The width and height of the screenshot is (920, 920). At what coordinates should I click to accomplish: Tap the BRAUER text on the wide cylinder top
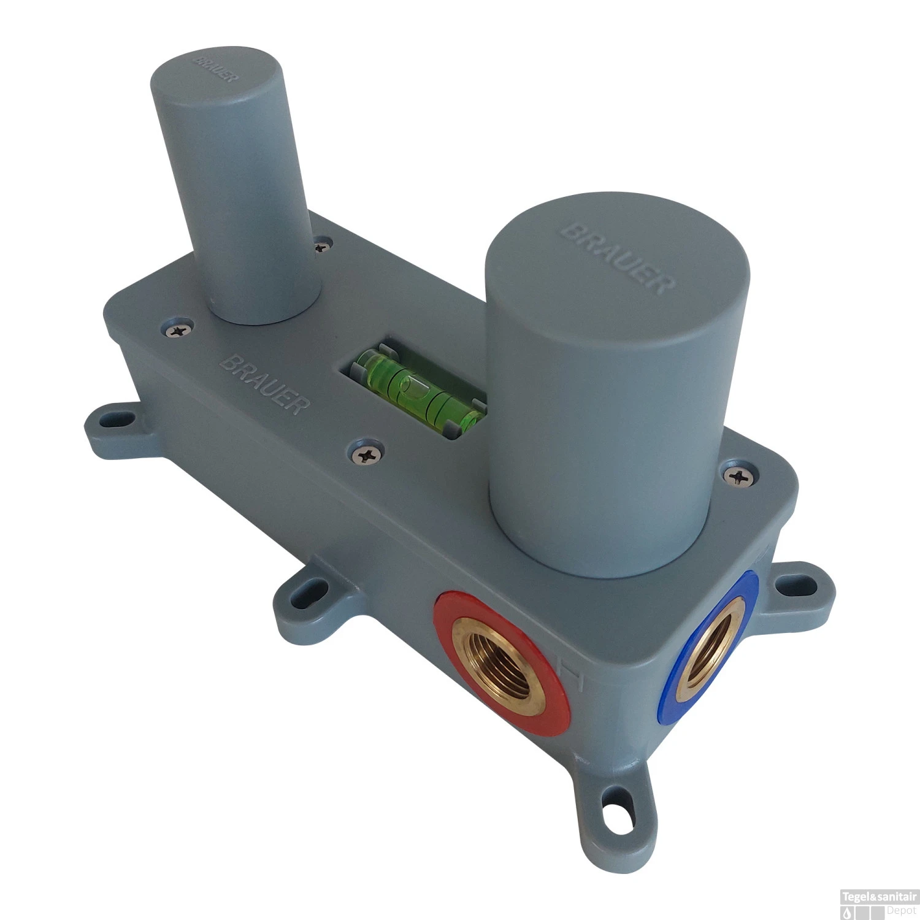pyautogui.click(x=618, y=258)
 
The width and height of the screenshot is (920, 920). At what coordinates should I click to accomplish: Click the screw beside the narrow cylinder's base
pyautogui.click(x=321, y=247)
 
